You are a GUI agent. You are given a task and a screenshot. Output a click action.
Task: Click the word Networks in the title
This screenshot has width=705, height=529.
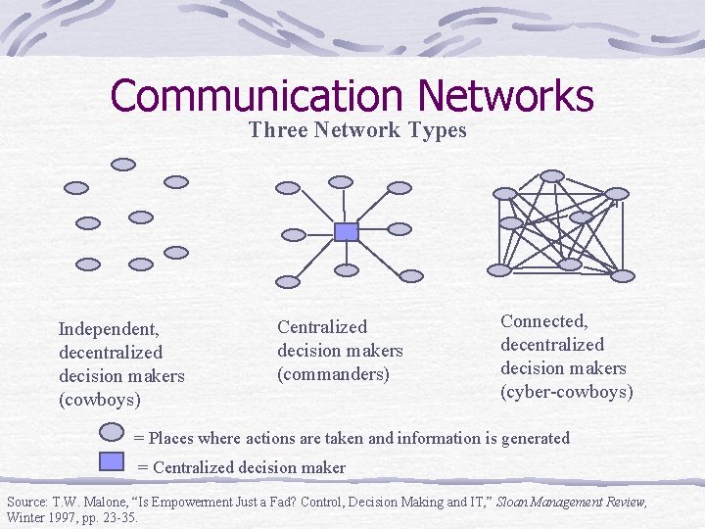pyautogui.click(x=505, y=96)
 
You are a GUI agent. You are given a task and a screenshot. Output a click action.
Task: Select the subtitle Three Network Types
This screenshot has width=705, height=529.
pyautogui.click(x=357, y=130)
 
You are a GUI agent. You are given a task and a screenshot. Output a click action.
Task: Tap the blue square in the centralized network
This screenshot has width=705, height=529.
pyautogui.click(x=346, y=231)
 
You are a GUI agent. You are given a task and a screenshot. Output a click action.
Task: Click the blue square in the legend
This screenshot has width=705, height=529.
pyautogui.click(x=114, y=460)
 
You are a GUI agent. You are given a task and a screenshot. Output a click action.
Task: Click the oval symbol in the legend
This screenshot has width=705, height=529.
pyautogui.click(x=113, y=432)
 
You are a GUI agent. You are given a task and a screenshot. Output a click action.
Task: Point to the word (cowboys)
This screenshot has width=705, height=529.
pyautogui.click(x=99, y=400)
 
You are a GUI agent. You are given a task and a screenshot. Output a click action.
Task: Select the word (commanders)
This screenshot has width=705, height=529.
pyautogui.click(x=333, y=374)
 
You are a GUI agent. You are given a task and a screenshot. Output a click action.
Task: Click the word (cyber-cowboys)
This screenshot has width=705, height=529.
pyautogui.click(x=567, y=392)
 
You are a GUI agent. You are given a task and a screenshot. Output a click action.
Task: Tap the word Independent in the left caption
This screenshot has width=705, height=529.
pyautogui.click(x=108, y=328)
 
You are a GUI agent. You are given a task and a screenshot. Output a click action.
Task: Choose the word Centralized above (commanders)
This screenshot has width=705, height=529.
pyautogui.click(x=322, y=327)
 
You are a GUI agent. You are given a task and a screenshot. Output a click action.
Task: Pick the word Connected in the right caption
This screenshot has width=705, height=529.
pyautogui.click(x=543, y=320)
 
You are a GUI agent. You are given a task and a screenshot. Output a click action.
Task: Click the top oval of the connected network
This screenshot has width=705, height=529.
pyautogui.click(x=552, y=176)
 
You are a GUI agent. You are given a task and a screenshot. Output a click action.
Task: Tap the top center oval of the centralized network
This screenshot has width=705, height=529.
pyautogui.click(x=340, y=181)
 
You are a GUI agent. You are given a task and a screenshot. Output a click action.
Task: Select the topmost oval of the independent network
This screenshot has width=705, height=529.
pyautogui.click(x=123, y=165)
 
